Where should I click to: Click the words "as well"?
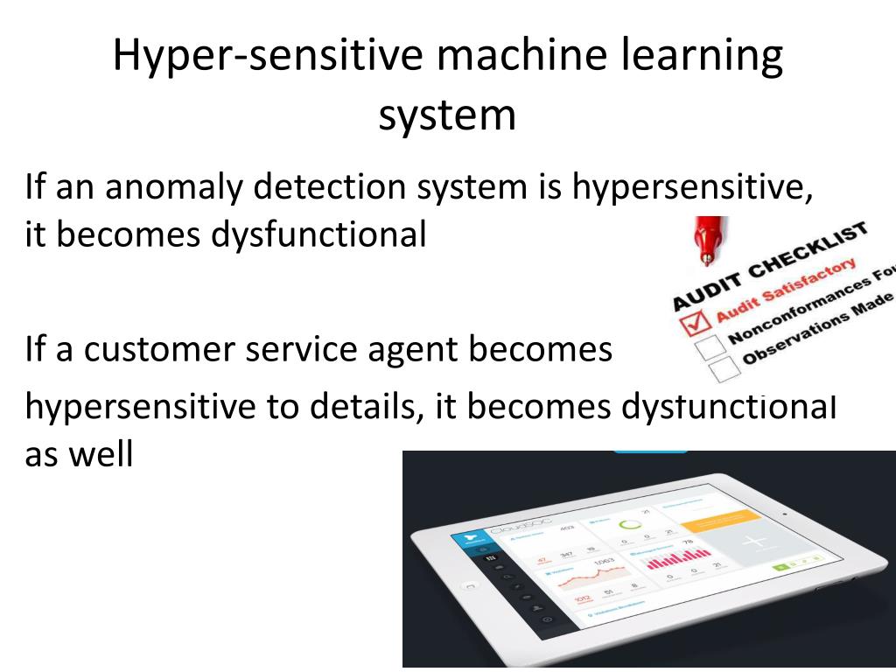[x=79, y=454]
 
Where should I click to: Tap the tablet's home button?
[x=471, y=585]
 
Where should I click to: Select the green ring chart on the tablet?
[x=628, y=525]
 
